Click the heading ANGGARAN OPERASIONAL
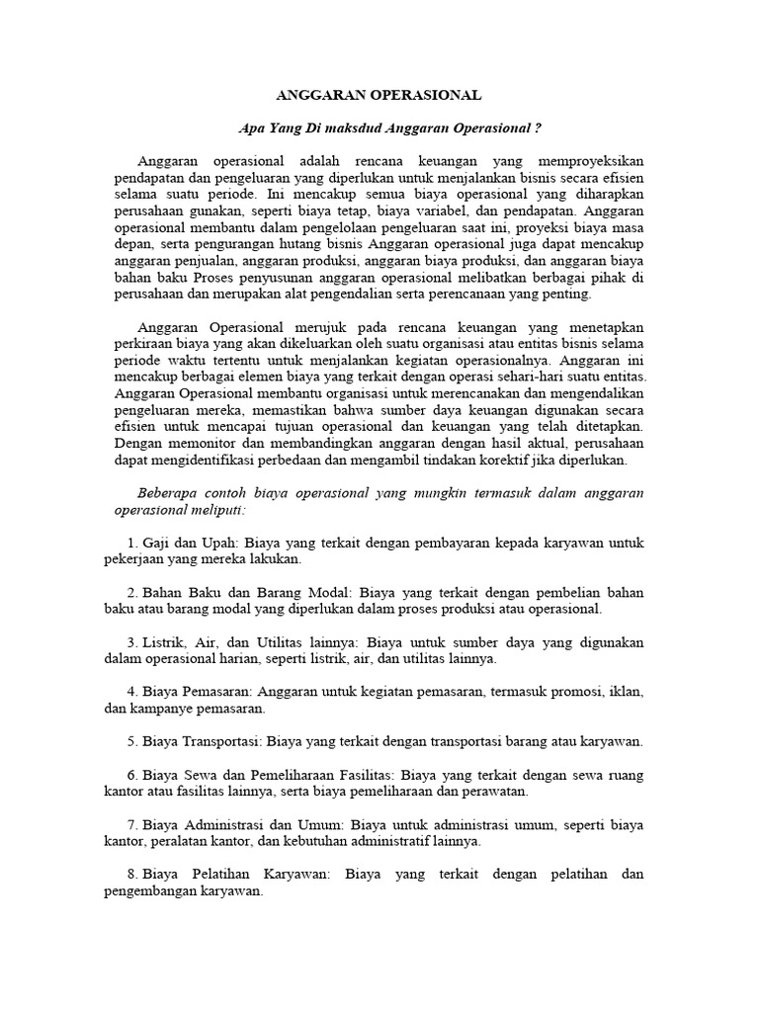coord(378,96)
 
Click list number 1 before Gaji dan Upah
coord(131,543)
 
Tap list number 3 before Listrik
coord(131,642)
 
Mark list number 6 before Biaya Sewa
coord(131,775)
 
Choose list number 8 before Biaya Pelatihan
coord(131,875)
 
